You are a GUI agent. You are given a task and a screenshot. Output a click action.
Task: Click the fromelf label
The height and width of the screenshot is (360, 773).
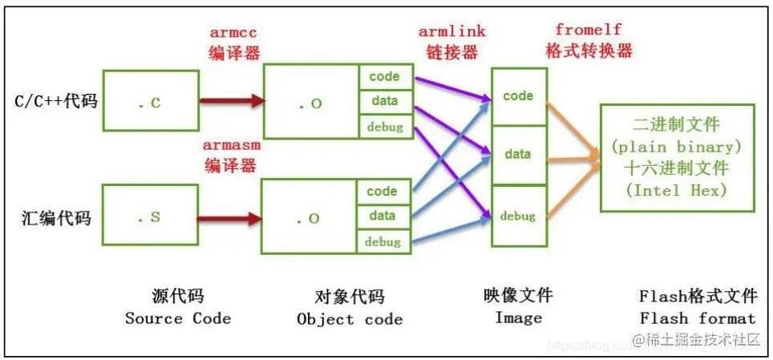(588, 29)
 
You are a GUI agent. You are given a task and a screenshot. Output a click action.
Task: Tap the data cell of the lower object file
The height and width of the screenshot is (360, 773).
(382, 215)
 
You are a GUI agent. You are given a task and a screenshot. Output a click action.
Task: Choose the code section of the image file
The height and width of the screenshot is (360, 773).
(518, 95)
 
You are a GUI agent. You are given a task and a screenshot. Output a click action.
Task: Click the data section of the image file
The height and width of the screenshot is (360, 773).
(518, 154)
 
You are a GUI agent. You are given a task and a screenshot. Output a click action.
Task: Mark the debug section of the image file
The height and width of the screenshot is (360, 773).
(518, 216)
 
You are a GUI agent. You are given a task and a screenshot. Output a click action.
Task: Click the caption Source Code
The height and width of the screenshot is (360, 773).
(177, 318)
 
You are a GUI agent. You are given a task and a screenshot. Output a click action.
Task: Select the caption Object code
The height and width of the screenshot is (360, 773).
(350, 318)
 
